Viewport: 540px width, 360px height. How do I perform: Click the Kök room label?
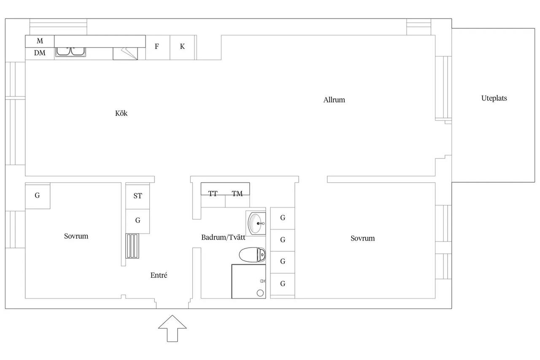tap(121, 113)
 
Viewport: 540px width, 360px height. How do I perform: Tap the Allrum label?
tap(334, 100)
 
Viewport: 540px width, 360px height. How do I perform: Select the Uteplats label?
tap(494, 98)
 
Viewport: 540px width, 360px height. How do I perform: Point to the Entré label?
tap(159, 275)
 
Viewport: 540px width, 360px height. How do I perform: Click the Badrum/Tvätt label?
tap(223, 237)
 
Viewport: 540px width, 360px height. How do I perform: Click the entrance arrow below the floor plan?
tap(173, 328)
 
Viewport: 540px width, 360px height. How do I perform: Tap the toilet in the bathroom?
tap(252, 254)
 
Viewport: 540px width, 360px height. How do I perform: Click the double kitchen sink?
tap(70, 51)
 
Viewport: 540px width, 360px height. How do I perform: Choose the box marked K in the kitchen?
tap(182, 47)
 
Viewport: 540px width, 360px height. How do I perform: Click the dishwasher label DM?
tap(40, 53)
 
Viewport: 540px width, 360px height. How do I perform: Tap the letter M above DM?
tap(40, 41)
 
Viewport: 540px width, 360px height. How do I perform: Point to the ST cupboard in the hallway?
tap(138, 196)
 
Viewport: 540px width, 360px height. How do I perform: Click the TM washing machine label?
tap(237, 193)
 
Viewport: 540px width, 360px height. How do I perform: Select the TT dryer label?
tap(213, 193)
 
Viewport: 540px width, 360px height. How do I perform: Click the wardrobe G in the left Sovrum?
tap(38, 195)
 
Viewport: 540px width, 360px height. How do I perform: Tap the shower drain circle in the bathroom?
tap(260, 293)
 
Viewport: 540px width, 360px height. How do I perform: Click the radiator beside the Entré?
tap(132, 246)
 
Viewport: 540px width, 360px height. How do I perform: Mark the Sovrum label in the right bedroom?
tap(362, 238)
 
